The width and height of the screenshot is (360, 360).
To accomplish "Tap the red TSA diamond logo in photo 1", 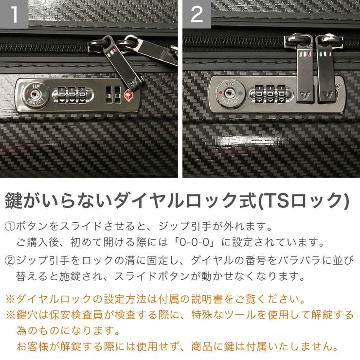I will coord(128,93).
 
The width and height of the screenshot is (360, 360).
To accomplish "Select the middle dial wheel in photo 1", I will coord(73,93).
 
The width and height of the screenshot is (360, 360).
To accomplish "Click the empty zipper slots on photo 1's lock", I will coord(113,94).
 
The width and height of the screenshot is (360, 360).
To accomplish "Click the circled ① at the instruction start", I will coord(10,227).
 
